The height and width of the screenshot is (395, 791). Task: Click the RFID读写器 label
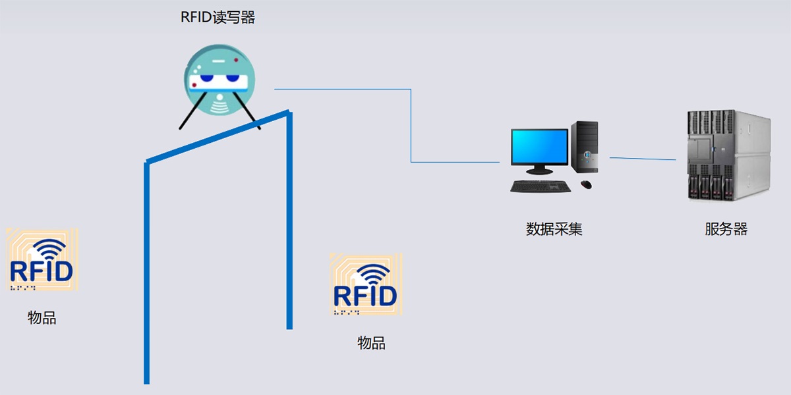pyautogui.click(x=218, y=18)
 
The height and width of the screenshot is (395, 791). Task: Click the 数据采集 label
pyautogui.click(x=554, y=229)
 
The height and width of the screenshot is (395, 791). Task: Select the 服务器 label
pyautogui.click(x=726, y=229)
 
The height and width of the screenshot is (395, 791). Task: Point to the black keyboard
pyautogui.click(x=541, y=186)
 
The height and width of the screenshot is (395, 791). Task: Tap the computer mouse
pyautogui.click(x=585, y=184)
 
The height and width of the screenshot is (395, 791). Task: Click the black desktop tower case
pyautogui.click(x=585, y=148)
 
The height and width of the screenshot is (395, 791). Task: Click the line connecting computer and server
pyautogui.click(x=643, y=159)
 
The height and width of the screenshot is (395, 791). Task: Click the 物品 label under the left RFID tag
pyautogui.click(x=42, y=318)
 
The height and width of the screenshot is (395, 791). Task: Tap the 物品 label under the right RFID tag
pyautogui.click(x=371, y=343)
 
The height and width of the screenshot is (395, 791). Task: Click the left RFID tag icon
pyautogui.click(x=42, y=260)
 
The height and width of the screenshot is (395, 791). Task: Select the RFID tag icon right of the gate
pyautogui.click(x=366, y=284)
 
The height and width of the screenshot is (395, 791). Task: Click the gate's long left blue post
pyautogui.click(x=146, y=276)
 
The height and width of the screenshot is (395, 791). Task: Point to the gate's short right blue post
pyautogui.click(x=289, y=224)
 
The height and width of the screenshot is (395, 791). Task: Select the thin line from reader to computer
pyautogui.click(x=411, y=125)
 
